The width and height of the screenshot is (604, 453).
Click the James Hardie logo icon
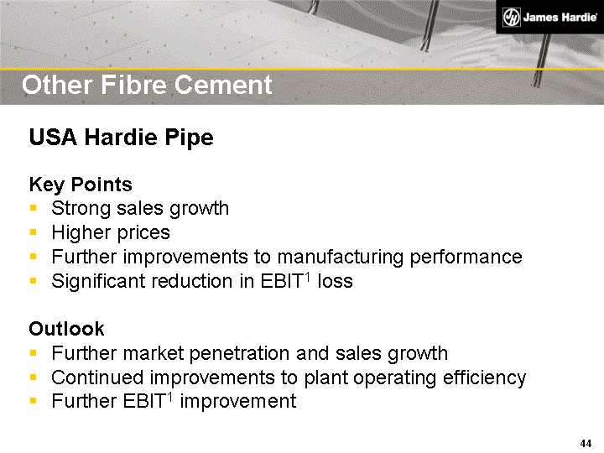tap(510, 18)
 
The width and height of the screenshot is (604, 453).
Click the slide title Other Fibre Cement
tap(147, 85)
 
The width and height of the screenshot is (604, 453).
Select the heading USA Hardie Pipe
tap(121, 138)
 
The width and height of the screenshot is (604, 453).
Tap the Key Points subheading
tap(81, 184)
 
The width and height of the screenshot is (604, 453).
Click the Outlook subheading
tap(66, 329)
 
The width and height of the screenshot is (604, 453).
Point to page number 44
tap(586, 443)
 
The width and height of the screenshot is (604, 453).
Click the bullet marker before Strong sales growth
tap(33, 209)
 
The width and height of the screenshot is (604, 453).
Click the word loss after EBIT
tap(335, 281)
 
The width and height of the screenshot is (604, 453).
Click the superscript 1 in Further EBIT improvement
tap(171, 396)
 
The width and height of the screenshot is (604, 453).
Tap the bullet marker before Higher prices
tap(33, 233)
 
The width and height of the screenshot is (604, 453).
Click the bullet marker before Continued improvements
tap(33, 378)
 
